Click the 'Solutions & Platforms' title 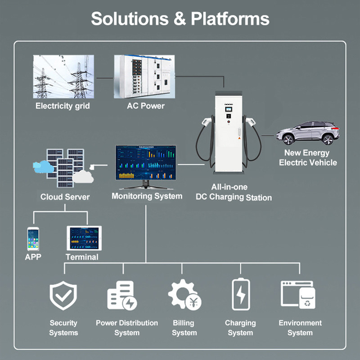[x=180, y=19]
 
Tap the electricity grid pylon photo [x=63, y=76]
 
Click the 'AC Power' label [x=145, y=106]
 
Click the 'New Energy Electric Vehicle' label [x=307, y=157]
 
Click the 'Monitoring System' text [x=147, y=196]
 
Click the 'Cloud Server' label [x=65, y=197]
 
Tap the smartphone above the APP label [x=33, y=238]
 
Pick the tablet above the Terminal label [x=84, y=238]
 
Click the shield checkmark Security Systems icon [x=63, y=296]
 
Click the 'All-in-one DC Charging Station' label [x=234, y=192]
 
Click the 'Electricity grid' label [x=63, y=106]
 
